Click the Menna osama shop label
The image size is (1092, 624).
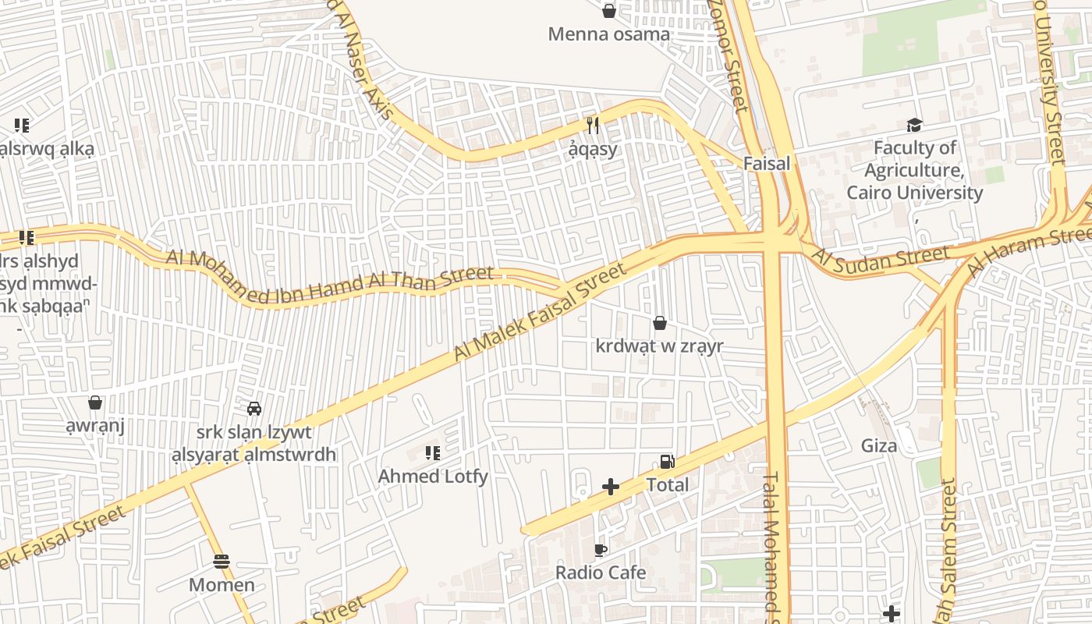coord(608,34)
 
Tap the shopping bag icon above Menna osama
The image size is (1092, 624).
coord(609,11)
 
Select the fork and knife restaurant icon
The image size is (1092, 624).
coord(593,125)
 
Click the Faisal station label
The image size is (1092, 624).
coord(766,164)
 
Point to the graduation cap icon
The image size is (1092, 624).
coord(914,125)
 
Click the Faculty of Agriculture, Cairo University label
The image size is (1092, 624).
coord(914,170)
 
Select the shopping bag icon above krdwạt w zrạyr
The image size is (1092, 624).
coord(660,323)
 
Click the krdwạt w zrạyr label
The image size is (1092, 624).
coord(659,346)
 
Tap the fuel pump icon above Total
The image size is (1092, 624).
coord(667,462)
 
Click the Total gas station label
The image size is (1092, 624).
coord(667,485)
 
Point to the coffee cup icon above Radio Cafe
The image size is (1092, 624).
coord(600,550)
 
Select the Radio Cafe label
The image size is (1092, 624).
coord(600,573)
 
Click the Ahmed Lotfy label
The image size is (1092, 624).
coord(433,477)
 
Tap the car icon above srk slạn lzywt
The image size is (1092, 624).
coord(253,408)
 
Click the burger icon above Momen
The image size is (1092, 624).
coord(222,562)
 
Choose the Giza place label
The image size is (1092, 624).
coord(878,446)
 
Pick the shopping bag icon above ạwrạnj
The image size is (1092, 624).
coord(95,402)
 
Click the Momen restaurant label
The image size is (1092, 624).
coord(222,585)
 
